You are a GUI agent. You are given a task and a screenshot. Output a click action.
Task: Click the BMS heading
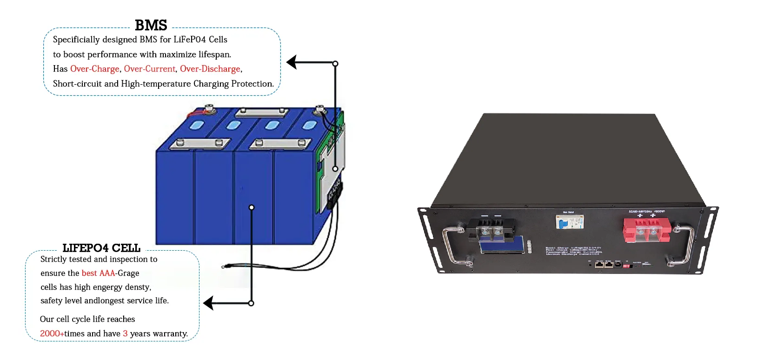tap(151, 25)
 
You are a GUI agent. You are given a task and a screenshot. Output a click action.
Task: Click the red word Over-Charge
tap(95, 69)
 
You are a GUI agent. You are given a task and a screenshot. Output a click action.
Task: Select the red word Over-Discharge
tap(210, 69)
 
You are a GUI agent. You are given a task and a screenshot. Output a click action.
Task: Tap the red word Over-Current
tap(150, 69)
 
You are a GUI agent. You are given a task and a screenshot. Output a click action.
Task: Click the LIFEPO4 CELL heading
tap(101, 248)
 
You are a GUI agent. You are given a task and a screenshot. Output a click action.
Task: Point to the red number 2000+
tap(52, 333)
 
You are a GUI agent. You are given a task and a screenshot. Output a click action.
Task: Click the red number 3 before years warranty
tap(125, 333)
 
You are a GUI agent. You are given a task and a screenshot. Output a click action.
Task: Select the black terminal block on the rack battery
tap(491, 229)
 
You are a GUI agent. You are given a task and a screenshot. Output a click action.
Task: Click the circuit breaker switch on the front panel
tap(569, 222)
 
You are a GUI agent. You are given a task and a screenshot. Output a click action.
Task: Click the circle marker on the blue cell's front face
tap(252, 207)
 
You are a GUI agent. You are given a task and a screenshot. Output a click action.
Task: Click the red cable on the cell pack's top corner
tap(195, 113)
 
